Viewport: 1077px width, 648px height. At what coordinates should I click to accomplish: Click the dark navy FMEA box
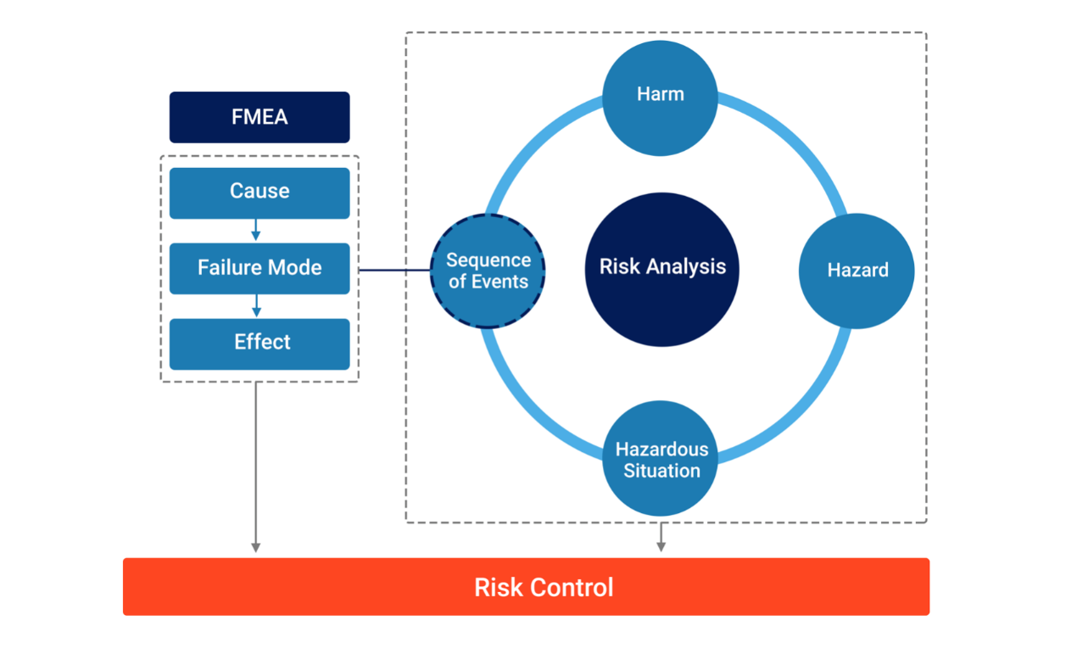(259, 117)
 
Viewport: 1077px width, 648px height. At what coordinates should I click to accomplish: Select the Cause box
(259, 193)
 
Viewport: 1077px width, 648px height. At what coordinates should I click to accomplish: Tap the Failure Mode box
(259, 269)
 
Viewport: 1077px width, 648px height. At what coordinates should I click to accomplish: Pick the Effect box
(259, 344)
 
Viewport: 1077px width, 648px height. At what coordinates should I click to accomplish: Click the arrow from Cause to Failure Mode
(256, 230)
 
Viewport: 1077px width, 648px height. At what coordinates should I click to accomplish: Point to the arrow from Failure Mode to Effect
(256, 305)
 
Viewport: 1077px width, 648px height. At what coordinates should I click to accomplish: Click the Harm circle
(660, 98)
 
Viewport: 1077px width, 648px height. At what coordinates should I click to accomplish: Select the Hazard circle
(857, 271)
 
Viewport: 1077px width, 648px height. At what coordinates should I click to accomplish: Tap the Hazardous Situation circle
(660, 459)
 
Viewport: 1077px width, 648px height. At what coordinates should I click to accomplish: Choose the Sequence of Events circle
(488, 271)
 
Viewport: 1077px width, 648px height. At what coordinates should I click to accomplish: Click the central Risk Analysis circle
(662, 270)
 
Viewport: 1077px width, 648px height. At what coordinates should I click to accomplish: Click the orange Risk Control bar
(527, 586)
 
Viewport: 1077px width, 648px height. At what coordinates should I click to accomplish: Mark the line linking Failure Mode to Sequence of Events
(394, 271)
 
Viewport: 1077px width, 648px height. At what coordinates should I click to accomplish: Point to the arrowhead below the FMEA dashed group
(256, 548)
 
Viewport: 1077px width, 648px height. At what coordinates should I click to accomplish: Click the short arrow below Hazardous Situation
(661, 537)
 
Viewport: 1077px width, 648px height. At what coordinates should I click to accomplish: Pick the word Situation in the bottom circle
(661, 471)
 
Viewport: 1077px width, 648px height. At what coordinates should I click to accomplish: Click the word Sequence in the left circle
(488, 260)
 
